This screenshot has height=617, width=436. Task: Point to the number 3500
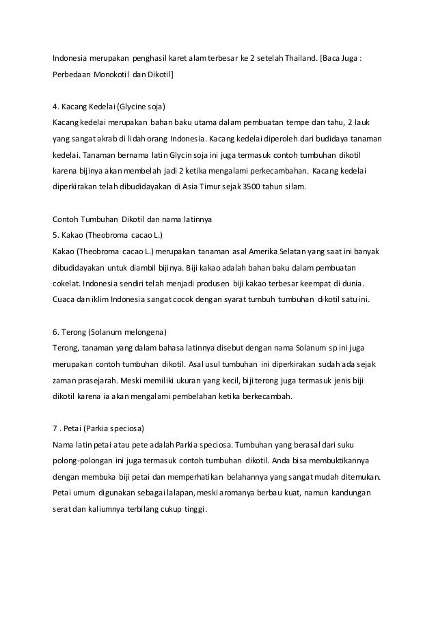(246, 186)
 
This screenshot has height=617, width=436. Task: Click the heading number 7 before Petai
(55, 430)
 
